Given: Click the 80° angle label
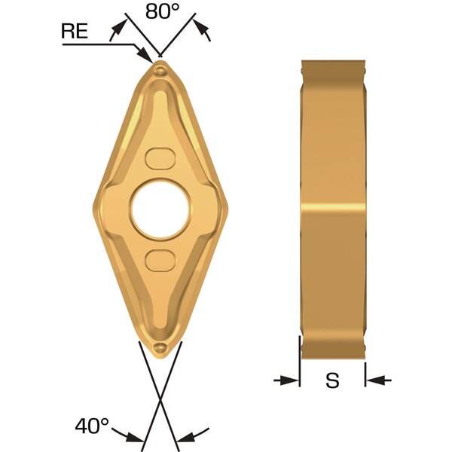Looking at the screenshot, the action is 162,12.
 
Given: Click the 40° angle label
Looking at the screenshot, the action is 92,426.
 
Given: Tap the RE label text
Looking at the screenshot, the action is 75,31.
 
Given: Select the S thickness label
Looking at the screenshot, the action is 332,380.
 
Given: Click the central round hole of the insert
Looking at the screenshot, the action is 160,209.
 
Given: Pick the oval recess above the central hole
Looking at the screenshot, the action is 160,158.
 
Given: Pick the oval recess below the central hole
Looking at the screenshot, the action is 160,261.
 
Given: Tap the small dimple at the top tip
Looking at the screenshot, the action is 160,70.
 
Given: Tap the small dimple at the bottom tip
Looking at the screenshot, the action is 160,347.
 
